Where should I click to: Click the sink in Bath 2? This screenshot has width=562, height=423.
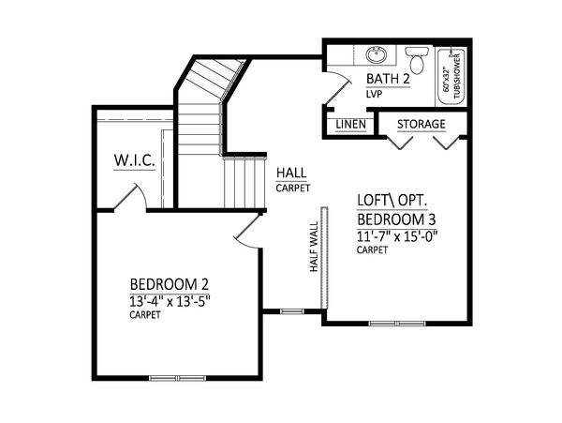pyautogui.click(x=376, y=55)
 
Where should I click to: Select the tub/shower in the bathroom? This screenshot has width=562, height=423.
pyautogui.click(x=451, y=77)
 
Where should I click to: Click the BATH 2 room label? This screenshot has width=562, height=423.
pyautogui.click(x=388, y=79)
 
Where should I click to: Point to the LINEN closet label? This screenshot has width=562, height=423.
pyautogui.click(x=351, y=125)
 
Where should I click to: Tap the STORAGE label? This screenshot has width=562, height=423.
pyautogui.click(x=421, y=124)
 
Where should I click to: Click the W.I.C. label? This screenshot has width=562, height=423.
pyautogui.click(x=134, y=160)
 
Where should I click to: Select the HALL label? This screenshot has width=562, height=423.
pyautogui.click(x=291, y=173)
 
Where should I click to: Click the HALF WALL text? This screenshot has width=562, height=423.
pyautogui.click(x=314, y=247)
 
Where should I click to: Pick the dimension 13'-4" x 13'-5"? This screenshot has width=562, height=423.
pyautogui.click(x=170, y=301)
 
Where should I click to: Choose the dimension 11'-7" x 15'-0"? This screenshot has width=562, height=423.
pyautogui.click(x=397, y=236)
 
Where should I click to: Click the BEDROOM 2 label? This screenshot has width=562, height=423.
pyautogui.click(x=170, y=284)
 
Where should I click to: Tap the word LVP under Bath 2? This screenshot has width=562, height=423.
pyautogui.click(x=374, y=94)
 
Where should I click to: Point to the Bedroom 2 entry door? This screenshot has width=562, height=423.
pyautogui.click(x=247, y=231)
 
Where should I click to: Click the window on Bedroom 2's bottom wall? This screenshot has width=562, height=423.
pyautogui.click(x=178, y=378)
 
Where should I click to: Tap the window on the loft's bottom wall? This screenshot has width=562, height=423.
pyautogui.click(x=397, y=324)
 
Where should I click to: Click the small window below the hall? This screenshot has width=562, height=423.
pyautogui.click(x=291, y=311)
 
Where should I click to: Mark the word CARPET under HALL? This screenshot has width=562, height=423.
pyautogui.click(x=293, y=188)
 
